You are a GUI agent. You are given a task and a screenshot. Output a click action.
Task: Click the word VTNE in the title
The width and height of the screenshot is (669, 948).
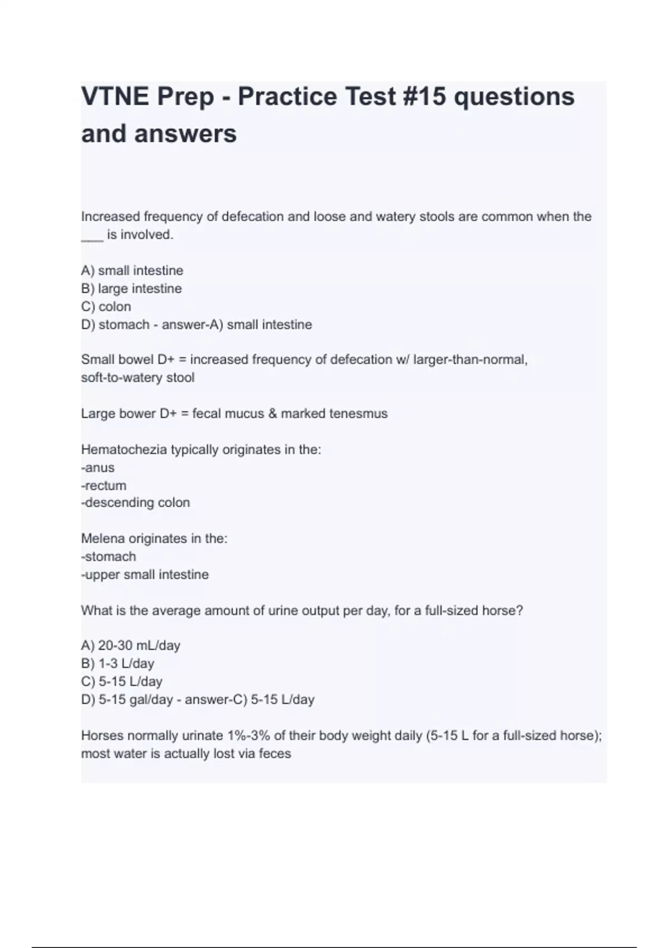click(115, 96)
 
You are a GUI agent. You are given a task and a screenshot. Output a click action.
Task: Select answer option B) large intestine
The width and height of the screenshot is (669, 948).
click(132, 289)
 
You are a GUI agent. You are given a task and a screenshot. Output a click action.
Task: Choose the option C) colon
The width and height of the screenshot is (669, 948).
click(106, 307)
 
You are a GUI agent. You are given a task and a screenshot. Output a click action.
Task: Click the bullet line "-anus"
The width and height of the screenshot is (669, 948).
click(98, 467)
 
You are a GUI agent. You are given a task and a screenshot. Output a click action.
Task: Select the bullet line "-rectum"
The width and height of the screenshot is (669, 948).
click(104, 485)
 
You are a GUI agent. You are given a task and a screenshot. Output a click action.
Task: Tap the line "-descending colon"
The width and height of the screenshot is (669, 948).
click(135, 502)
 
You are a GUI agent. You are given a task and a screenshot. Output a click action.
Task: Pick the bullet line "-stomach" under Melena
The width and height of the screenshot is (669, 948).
click(109, 557)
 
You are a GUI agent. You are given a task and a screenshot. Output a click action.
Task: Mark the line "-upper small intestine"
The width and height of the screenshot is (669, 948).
click(145, 574)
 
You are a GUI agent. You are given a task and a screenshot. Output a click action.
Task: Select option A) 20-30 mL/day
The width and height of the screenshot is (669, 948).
click(130, 646)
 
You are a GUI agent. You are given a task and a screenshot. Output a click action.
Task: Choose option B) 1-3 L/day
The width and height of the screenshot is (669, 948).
click(118, 664)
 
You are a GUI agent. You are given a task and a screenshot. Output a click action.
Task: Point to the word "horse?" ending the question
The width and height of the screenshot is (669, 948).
click(503, 611)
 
